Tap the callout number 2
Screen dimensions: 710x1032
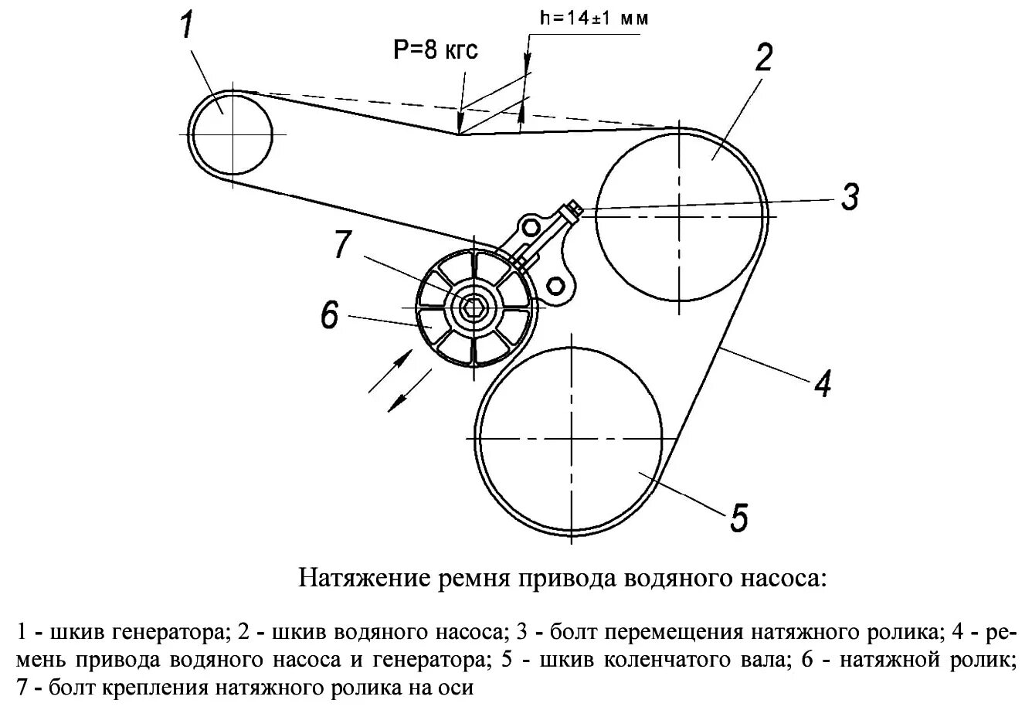(763, 59)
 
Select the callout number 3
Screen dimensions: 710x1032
(849, 197)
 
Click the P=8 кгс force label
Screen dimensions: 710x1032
(436, 51)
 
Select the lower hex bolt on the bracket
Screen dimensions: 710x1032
(555, 284)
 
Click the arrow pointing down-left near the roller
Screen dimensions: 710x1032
(410, 391)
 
